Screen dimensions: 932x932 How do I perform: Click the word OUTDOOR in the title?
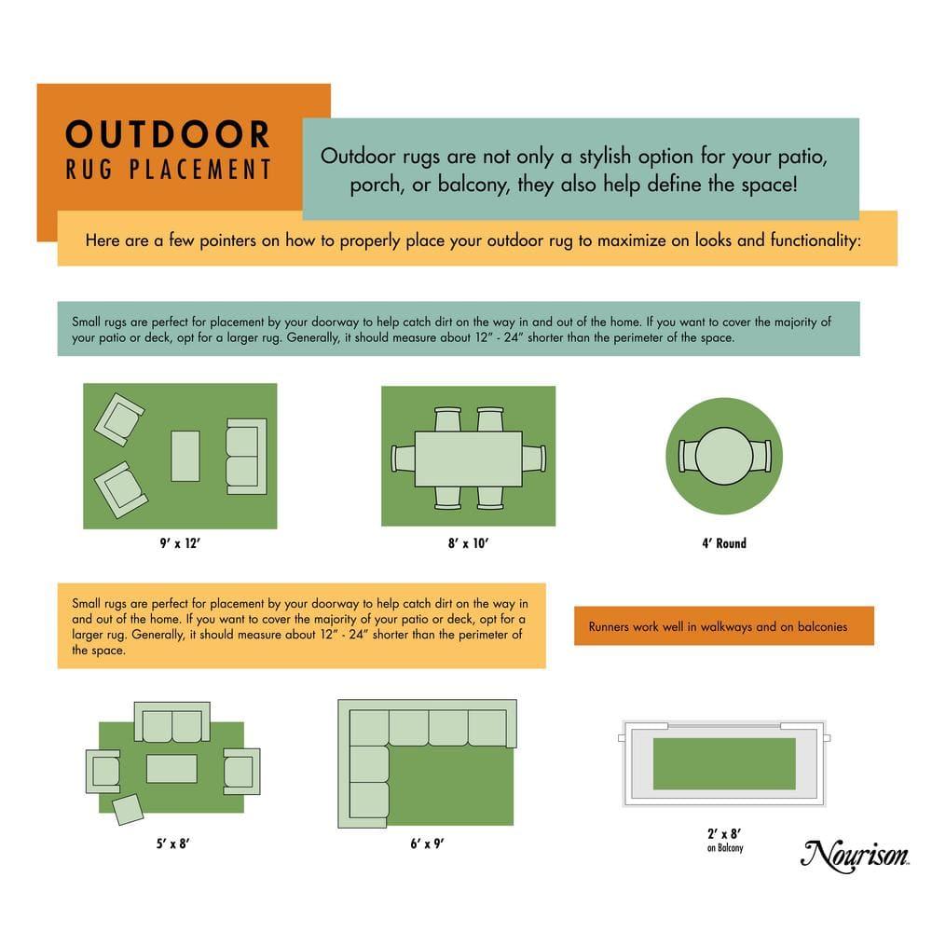(x=168, y=134)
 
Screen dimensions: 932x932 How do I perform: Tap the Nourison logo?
(x=855, y=852)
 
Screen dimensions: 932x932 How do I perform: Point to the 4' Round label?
(x=723, y=543)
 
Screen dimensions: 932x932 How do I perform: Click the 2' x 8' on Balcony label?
(x=724, y=839)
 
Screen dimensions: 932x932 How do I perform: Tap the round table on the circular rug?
(x=723, y=455)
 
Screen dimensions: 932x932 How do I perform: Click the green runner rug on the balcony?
(x=723, y=763)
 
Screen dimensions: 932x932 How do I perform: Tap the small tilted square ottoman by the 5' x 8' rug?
(x=129, y=808)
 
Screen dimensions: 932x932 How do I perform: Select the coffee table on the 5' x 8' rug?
(x=171, y=769)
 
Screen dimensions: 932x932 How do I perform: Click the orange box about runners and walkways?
(x=723, y=626)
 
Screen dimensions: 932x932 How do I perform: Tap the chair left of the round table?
(x=689, y=455)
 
